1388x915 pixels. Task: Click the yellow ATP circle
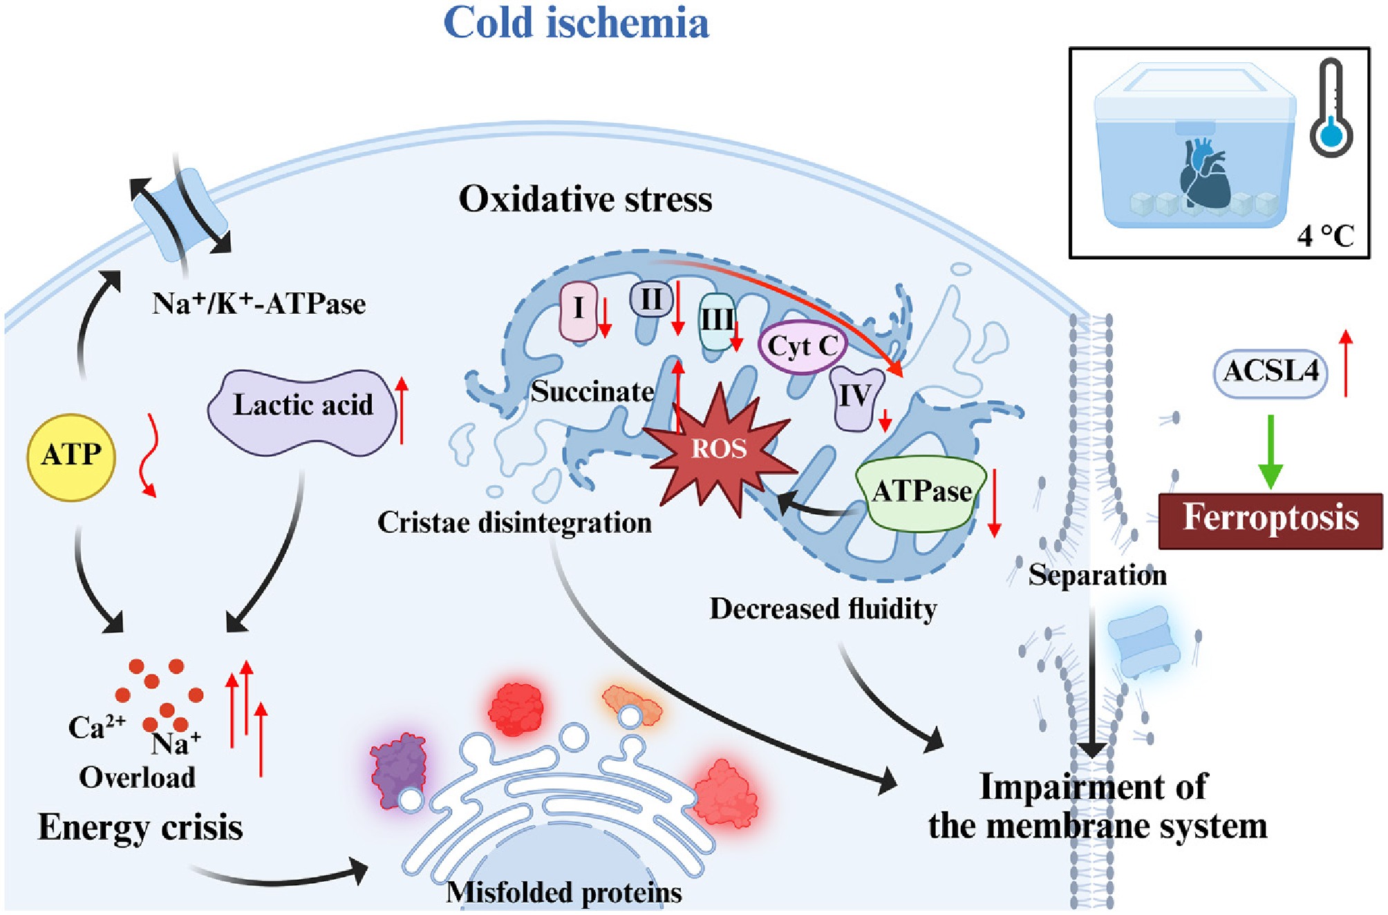point(71,456)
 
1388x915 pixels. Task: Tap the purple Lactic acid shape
point(303,413)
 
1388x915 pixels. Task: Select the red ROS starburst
point(719,449)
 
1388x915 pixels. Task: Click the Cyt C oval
point(802,346)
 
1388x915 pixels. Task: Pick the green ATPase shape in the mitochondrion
point(921,493)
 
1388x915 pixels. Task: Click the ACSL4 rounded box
point(1270,372)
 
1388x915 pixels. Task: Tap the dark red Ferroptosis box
point(1270,520)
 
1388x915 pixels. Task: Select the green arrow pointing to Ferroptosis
point(1270,452)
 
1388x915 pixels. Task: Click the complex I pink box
point(579,310)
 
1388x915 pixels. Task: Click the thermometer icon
point(1331,108)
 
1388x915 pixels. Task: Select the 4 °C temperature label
point(1325,236)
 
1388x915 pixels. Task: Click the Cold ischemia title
point(576,23)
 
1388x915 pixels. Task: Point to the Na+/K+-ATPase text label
point(259,303)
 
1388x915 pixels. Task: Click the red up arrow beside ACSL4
point(1345,364)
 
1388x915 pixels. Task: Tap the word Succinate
point(592,392)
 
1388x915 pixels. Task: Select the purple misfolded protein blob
point(397,769)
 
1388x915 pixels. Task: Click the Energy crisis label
point(140,828)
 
